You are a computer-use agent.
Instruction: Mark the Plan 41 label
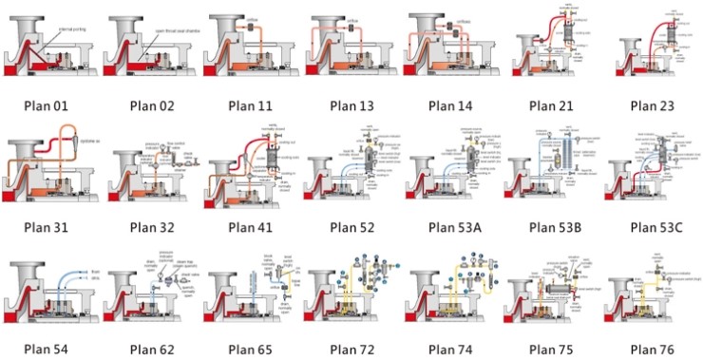(251, 226)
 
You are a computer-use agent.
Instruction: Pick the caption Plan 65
(251, 348)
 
